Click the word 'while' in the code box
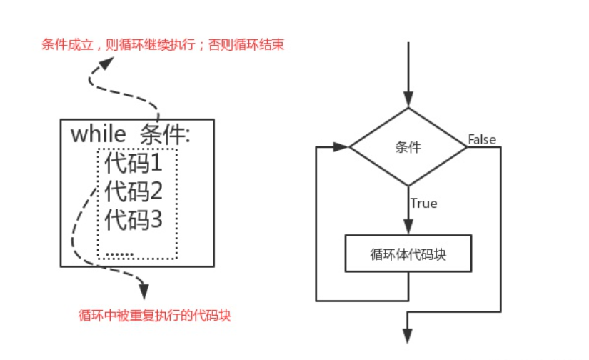pyautogui.click(x=99, y=134)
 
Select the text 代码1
pyautogui.click(x=134, y=163)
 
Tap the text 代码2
pyautogui.click(x=134, y=191)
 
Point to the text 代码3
pyautogui.click(x=134, y=219)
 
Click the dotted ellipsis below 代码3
pyautogui.click(x=119, y=254)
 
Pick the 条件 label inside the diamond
pyautogui.click(x=408, y=147)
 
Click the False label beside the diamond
pyautogui.click(x=482, y=139)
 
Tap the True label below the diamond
pyautogui.click(x=423, y=204)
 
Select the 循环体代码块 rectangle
pyautogui.click(x=408, y=254)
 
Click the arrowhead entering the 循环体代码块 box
pyautogui.click(x=408, y=228)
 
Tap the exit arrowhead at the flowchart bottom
pyautogui.click(x=408, y=336)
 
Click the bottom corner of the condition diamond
pyautogui.click(x=408, y=186)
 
